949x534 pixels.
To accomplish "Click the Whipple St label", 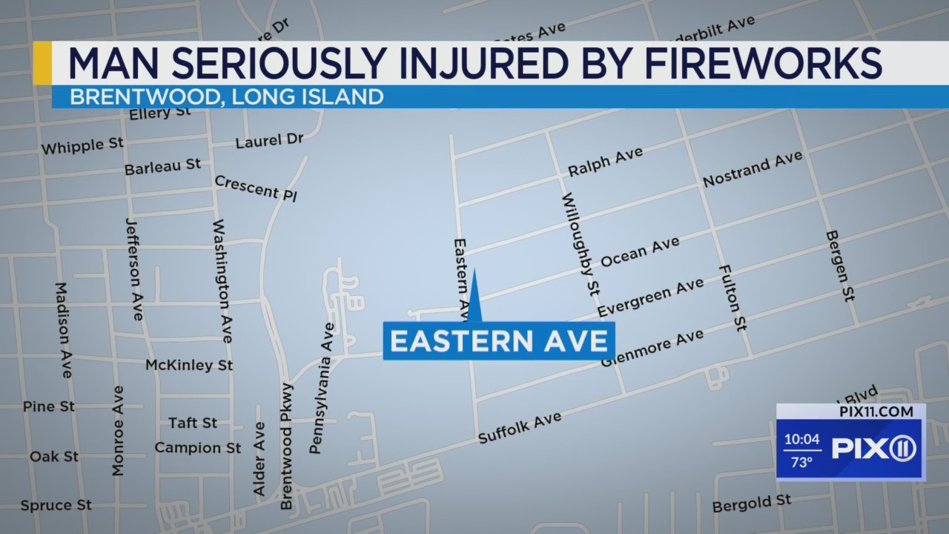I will coord(82,146).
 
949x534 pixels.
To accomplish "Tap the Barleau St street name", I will coord(162,167).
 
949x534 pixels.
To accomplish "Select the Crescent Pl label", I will coord(256,188).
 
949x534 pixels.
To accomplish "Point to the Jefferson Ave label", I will coord(133,269).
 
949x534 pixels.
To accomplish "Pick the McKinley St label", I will coord(189,365).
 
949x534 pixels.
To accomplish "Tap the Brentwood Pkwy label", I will coord(286,446).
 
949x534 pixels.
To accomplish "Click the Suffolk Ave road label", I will coord(519,428).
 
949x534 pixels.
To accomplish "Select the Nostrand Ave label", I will coord(752,169).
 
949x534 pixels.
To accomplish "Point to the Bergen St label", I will coord(840,266).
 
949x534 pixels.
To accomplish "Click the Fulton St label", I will coord(732,297).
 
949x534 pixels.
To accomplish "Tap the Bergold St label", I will coord(751,504).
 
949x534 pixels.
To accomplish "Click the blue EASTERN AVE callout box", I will coord(498,341).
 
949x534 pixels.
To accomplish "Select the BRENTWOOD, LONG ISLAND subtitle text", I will coord(226,96).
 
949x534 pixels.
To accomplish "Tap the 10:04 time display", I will coord(801,439).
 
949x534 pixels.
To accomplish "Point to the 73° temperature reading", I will coord(801,462).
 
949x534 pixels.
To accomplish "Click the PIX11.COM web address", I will coord(876,412).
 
